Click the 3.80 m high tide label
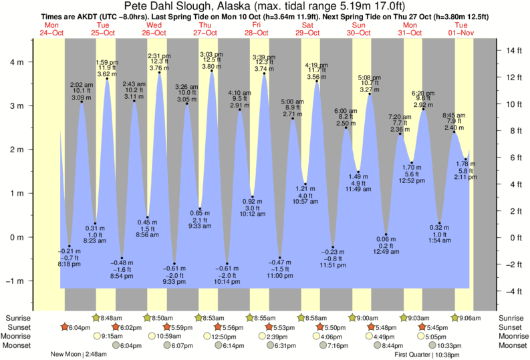click(211, 66)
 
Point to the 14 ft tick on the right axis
click(510, 51)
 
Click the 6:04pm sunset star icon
click(65, 327)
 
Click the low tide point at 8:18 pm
click(69, 246)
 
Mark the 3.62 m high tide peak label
click(107, 73)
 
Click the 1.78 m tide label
click(466, 164)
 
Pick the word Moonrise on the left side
click(19, 336)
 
